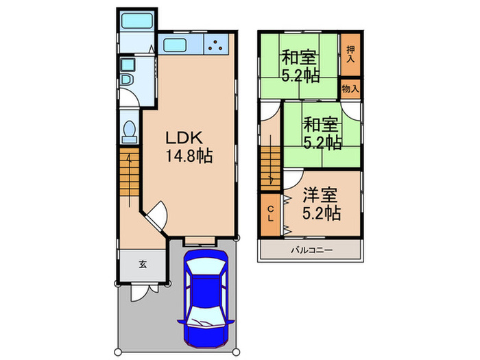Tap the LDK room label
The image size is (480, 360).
pyautogui.click(x=182, y=137)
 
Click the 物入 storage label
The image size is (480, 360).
pyautogui.click(x=350, y=88)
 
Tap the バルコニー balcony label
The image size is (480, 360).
pyautogui.click(x=311, y=251)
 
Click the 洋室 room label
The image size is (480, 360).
pyautogui.click(x=321, y=195)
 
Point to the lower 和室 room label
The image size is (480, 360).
pyautogui.click(x=321, y=125)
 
